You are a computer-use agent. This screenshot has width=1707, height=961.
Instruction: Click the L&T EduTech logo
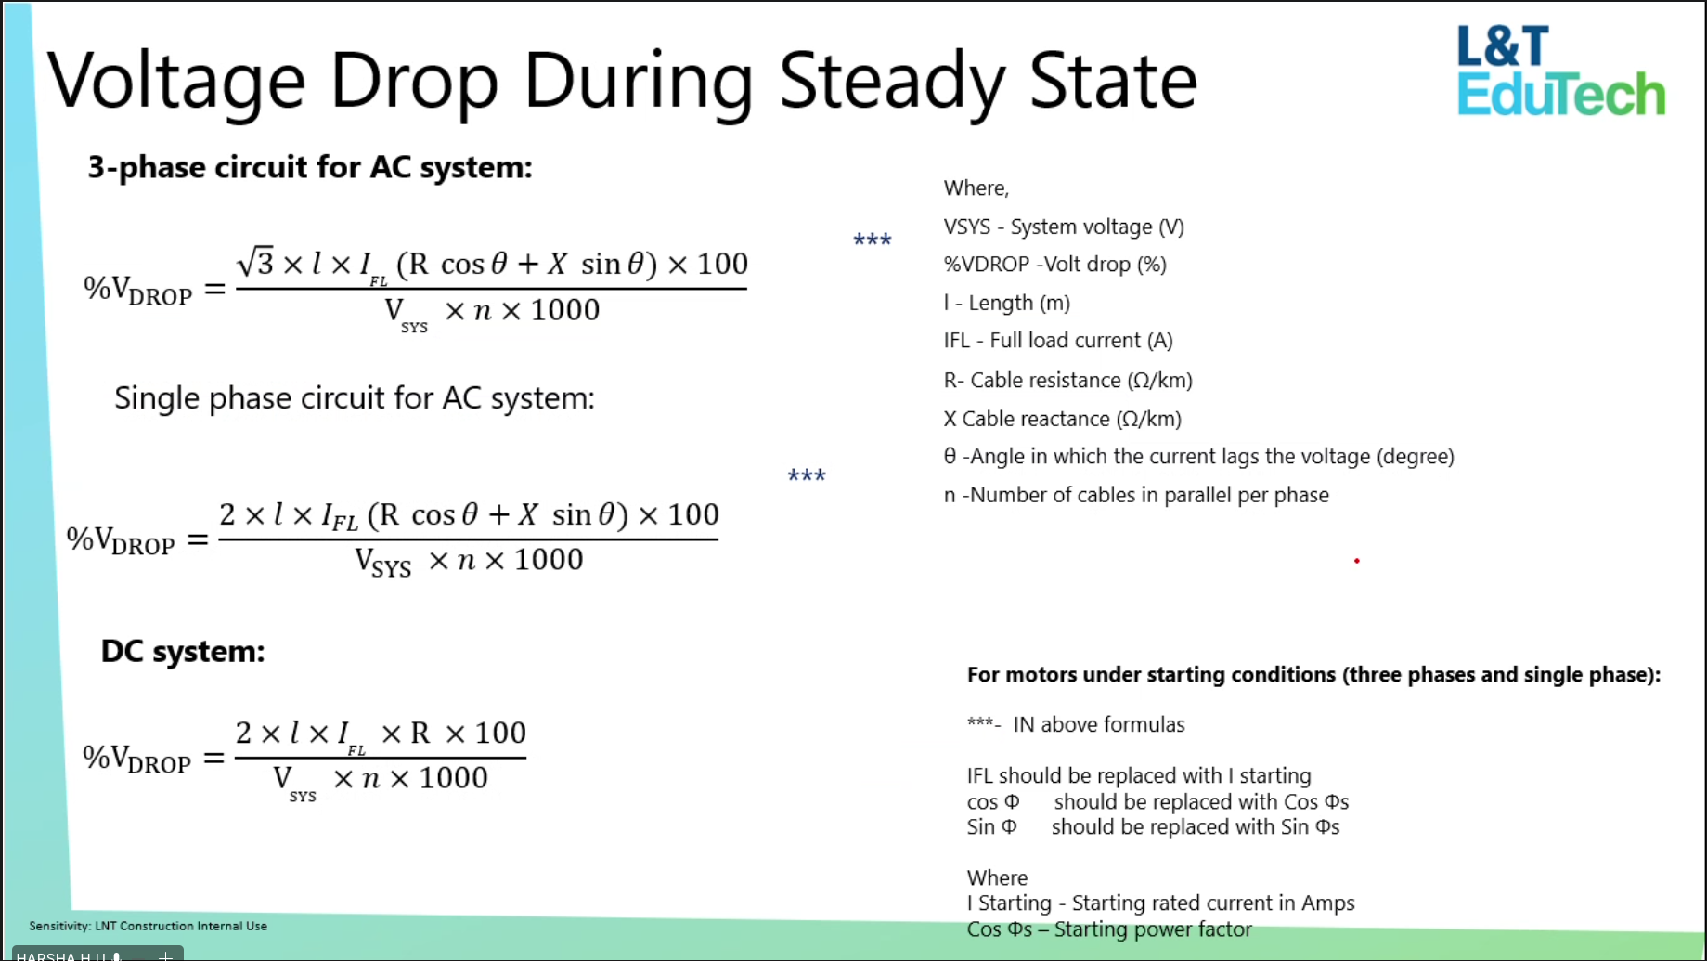(1561, 71)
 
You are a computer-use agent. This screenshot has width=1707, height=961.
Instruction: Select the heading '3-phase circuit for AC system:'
(310, 167)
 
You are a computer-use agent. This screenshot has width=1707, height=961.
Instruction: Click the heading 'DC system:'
(183, 651)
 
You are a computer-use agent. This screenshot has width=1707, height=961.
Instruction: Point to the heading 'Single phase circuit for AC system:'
(355, 398)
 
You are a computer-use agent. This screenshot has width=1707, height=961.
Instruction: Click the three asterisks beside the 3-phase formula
(873, 240)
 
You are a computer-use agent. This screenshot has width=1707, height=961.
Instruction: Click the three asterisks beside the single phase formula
(807, 475)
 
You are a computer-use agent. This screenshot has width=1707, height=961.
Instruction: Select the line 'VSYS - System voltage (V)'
(1064, 227)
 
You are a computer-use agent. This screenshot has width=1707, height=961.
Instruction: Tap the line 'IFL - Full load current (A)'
(1058, 341)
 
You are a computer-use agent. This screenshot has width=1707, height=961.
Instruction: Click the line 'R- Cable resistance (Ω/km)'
(1068, 381)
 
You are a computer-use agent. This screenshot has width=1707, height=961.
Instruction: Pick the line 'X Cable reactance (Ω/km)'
(1063, 419)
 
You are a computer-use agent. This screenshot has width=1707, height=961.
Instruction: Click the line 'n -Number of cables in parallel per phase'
(1136, 495)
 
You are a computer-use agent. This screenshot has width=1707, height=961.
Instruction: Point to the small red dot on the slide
(1357, 561)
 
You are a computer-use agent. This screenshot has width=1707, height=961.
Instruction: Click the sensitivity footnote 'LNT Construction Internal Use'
(181, 926)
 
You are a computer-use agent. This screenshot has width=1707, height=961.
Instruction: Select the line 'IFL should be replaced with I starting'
(1139, 775)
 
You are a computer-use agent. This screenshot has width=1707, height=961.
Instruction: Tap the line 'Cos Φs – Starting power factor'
(1109, 929)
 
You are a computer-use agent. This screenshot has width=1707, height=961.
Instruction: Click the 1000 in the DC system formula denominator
(453, 777)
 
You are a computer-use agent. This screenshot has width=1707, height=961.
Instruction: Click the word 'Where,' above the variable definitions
(976, 188)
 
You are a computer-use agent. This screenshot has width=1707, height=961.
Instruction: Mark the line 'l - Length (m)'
(1007, 303)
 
